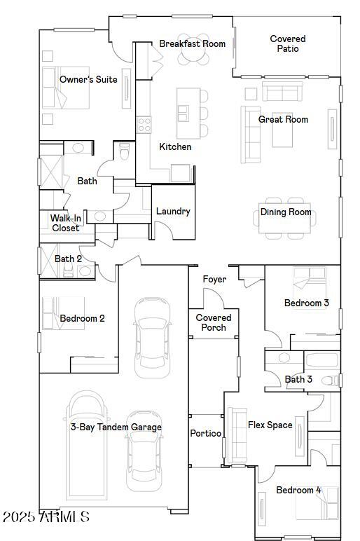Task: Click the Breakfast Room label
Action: click(192, 43)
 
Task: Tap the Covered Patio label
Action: click(288, 43)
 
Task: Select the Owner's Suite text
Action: click(88, 79)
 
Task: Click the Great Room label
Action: click(283, 119)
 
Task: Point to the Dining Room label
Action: click(286, 212)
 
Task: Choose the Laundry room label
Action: click(173, 211)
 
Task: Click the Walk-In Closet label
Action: click(66, 223)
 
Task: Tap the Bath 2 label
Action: click(69, 259)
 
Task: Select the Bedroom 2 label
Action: click(82, 318)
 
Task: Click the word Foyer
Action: click(214, 279)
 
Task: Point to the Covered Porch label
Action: click(214, 322)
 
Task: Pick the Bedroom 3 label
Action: click(306, 303)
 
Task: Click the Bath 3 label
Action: click(298, 379)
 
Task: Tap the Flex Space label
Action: click(270, 425)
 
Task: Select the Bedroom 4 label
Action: click(298, 490)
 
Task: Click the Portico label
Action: click(206, 433)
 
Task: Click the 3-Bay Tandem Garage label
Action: click(116, 427)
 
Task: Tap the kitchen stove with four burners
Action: click(144, 125)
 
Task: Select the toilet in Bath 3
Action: click(329, 381)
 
